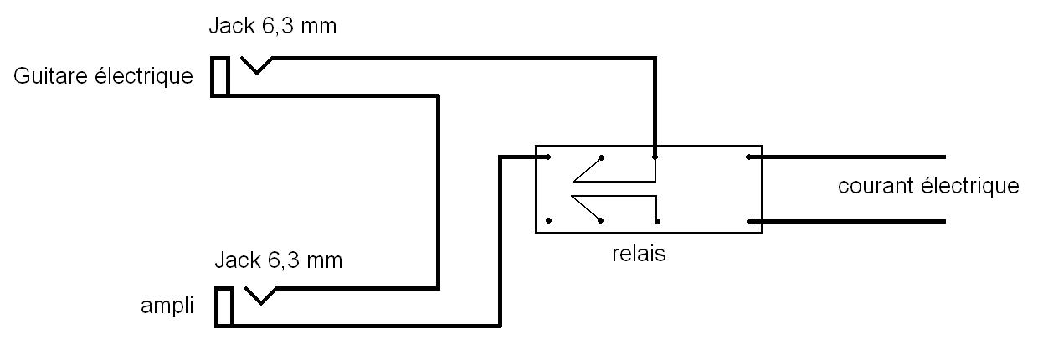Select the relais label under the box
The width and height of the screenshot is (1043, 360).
[639, 254]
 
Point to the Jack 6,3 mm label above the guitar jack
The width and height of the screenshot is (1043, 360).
[272, 26]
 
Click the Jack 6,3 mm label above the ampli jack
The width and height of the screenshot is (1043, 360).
[278, 260]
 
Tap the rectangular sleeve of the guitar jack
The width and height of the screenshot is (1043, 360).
[220, 76]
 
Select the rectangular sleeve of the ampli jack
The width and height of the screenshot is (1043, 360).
[223, 306]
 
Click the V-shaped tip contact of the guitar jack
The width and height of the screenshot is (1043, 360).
[256, 65]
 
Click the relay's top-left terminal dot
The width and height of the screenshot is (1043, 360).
[547, 157]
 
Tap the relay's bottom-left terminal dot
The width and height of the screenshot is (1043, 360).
[547, 221]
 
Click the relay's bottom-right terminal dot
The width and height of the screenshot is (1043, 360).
[748, 221]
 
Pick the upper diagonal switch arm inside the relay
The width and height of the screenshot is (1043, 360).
[586, 168]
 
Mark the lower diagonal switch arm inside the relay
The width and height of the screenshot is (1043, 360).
[586, 209]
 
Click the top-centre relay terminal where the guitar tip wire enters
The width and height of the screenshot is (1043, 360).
[655, 157]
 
